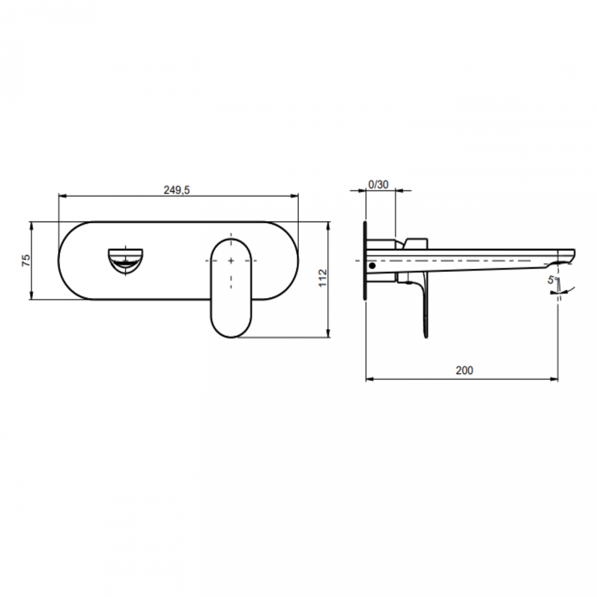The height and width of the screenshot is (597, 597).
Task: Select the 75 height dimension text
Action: click(x=27, y=260)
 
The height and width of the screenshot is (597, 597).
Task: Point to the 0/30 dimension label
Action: click(x=378, y=184)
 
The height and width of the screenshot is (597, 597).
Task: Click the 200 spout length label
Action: click(x=464, y=370)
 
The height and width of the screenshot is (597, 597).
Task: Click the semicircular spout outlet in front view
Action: click(x=125, y=260)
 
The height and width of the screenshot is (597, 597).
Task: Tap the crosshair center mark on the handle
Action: click(x=231, y=261)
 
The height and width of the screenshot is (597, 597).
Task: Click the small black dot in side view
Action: click(x=372, y=266)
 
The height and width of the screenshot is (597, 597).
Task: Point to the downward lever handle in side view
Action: click(x=424, y=312)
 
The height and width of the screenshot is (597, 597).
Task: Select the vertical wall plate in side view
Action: click(x=365, y=260)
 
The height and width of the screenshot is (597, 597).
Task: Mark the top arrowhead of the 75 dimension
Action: click(x=31, y=225)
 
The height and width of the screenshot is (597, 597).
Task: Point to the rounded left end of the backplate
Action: click(x=64, y=260)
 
